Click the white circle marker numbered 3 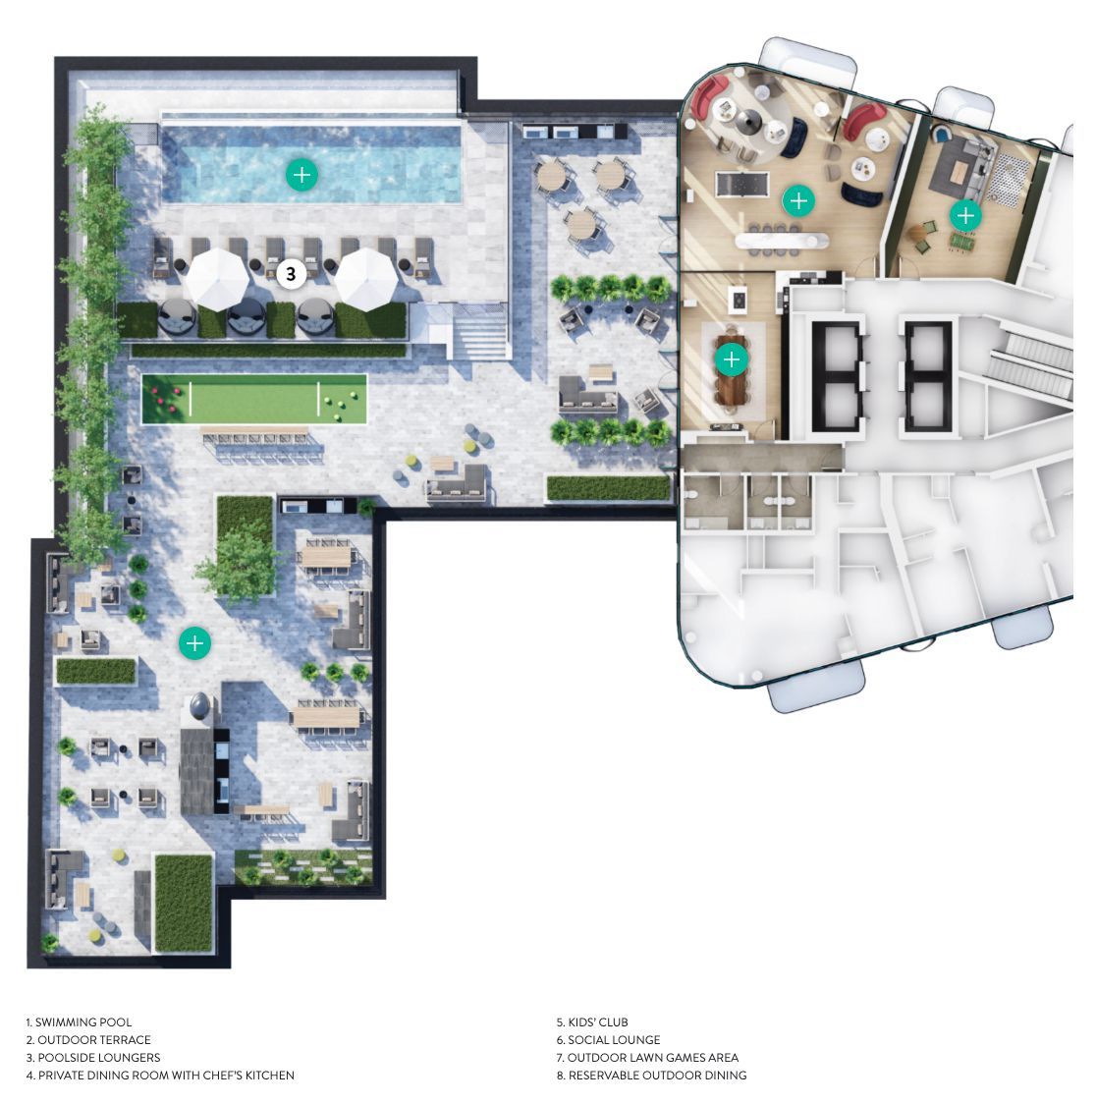coord(291,273)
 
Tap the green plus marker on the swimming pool coord(301,175)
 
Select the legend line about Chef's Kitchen coord(160,1076)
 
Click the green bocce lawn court coord(254,399)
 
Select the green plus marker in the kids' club coord(965,215)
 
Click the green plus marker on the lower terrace coord(194,642)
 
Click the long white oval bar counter coord(782,242)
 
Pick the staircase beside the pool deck coord(478,334)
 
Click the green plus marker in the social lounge coord(798,201)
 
